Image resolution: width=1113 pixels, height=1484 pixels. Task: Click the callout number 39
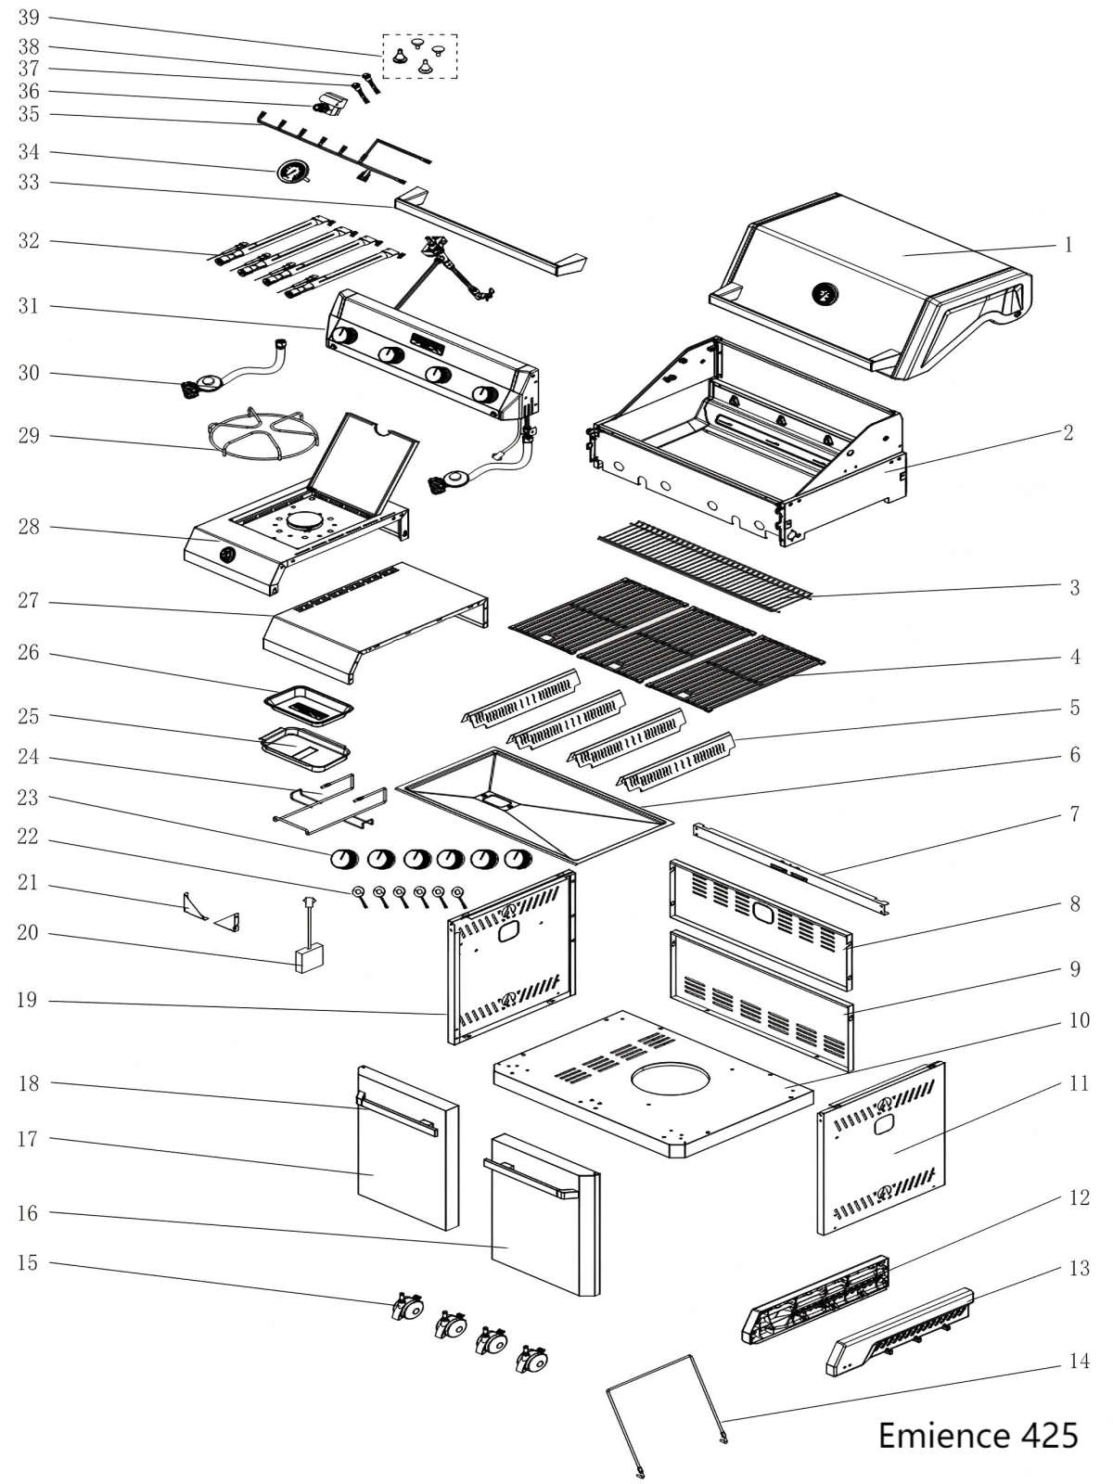click(x=29, y=19)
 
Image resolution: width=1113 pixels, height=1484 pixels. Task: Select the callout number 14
click(x=1079, y=1362)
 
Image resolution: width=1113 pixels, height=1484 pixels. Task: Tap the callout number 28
click(x=29, y=528)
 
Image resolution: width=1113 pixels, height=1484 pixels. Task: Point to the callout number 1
click(x=1068, y=245)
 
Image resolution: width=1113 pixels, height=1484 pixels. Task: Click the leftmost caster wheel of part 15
click(x=405, y=1308)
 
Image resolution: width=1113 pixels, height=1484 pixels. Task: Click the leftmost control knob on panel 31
click(x=343, y=336)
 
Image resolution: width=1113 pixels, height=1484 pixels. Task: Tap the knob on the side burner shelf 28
click(x=227, y=555)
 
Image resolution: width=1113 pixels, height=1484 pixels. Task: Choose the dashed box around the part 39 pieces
click(x=420, y=56)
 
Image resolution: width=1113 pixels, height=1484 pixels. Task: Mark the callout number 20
click(x=29, y=932)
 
